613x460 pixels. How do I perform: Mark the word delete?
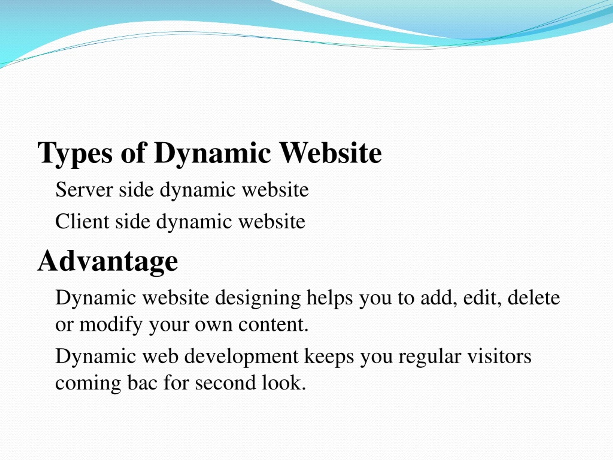pos(534,297)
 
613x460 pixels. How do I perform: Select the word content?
pos(273,325)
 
